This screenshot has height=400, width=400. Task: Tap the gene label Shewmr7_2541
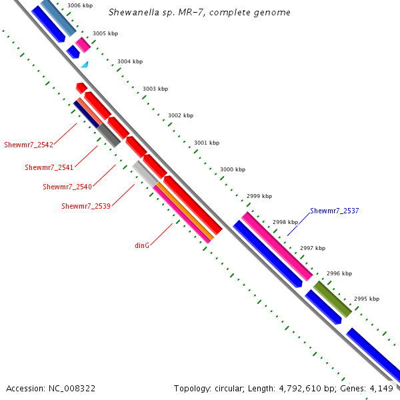(x=48, y=167)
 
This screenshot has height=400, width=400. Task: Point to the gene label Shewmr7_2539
(x=85, y=206)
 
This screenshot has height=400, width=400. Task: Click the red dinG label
(x=142, y=245)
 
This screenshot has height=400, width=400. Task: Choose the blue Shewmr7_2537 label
(x=334, y=211)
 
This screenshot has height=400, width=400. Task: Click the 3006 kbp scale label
(x=79, y=5)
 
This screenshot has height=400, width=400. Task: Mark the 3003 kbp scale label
(x=155, y=89)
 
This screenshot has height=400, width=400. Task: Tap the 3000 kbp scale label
(x=233, y=170)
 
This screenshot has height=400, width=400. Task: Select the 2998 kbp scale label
(x=285, y=222)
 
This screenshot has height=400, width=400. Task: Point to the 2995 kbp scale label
(x=366, y=299)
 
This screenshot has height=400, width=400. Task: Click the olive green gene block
(x=332, y=299)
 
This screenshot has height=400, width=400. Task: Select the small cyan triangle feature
(x=85, y=65)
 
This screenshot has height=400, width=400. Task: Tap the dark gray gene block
(x=109, y=135)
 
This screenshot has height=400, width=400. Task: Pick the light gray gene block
(x=145, y=173)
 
